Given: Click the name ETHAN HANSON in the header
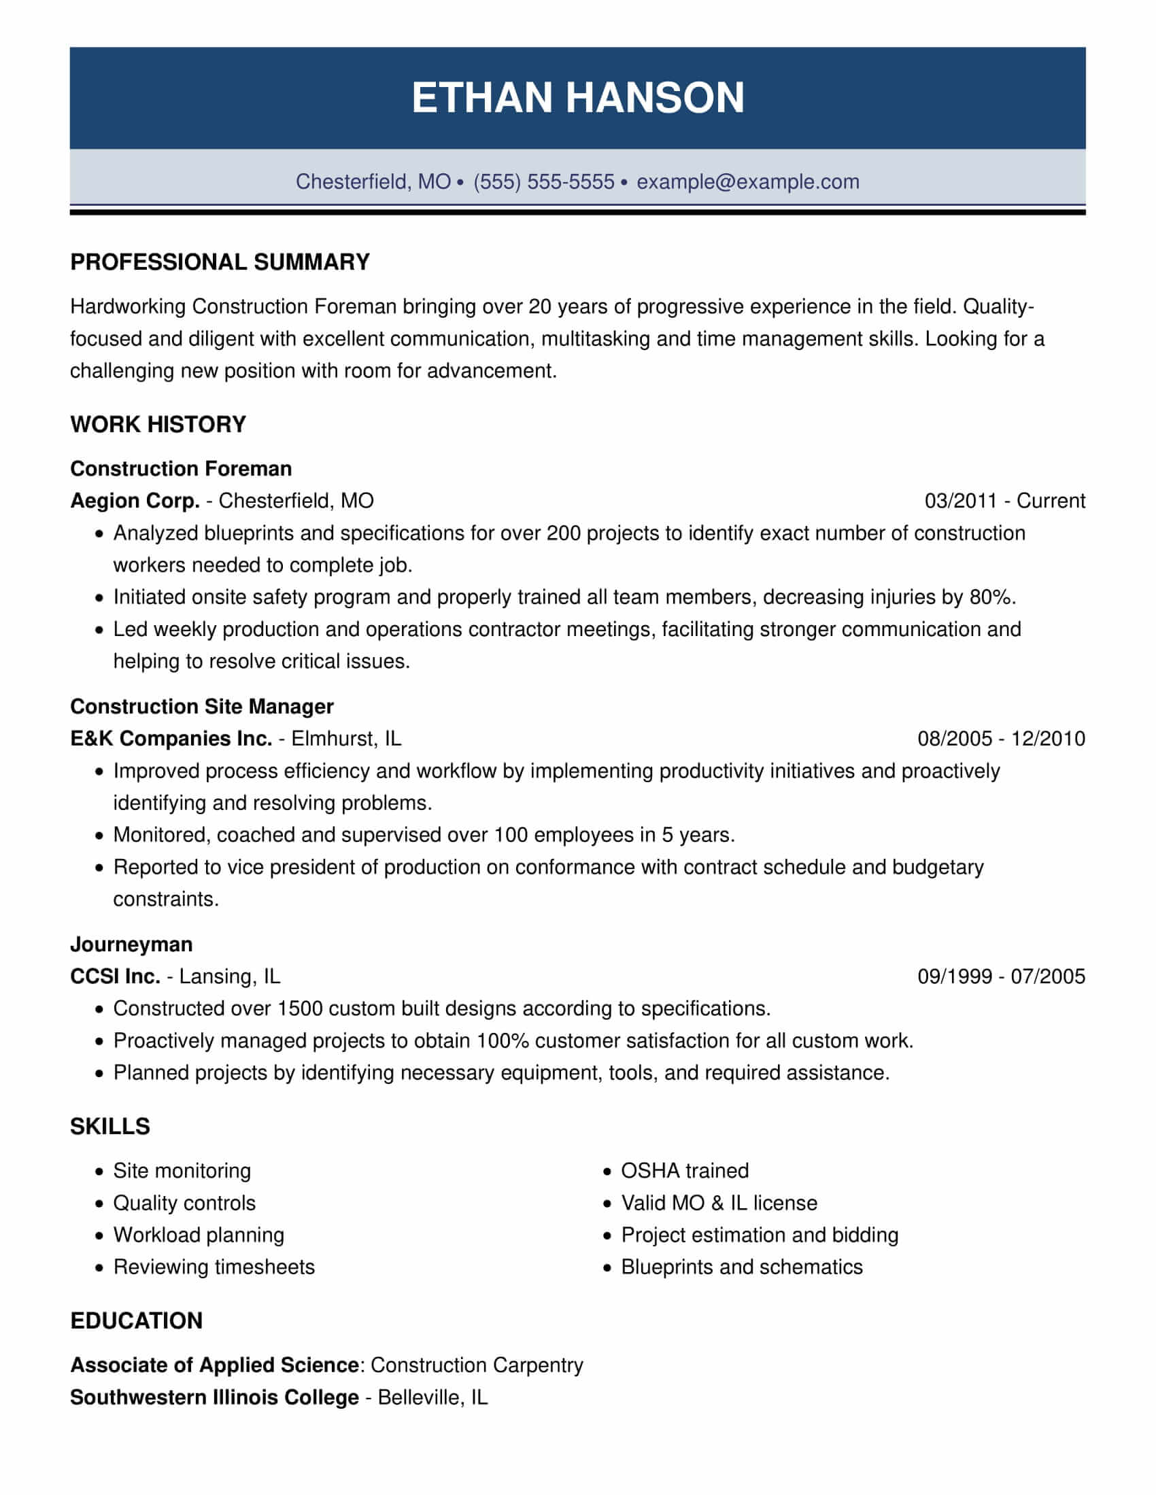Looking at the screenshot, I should (577, 98).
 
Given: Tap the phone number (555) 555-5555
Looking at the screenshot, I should (544, 181).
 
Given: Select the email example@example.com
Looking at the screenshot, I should (747, 181).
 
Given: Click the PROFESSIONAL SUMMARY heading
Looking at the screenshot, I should (220, 262).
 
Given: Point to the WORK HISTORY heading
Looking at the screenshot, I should (158, 425).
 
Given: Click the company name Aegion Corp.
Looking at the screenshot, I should (135, 500).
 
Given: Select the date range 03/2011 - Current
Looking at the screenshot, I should (1004, 500).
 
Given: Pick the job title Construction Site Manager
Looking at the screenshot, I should (202, 706).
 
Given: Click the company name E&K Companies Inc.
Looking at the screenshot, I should (171, 738).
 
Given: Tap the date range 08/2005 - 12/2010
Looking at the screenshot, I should (1000, 738).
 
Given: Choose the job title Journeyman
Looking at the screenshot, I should (131, 944).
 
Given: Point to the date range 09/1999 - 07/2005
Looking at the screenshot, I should (1000, 976).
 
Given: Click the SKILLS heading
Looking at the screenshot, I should (109, 1126).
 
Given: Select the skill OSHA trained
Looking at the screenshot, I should (684, 1171).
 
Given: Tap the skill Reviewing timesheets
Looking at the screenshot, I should (214, 1267).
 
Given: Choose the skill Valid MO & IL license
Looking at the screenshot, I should (718, 1203).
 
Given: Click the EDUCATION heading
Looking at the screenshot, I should (136, 1320).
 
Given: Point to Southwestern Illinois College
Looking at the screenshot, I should (214, 1397).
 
